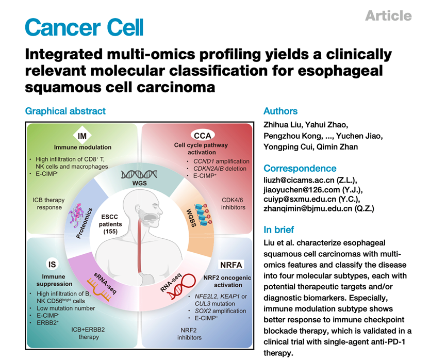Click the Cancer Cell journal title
point(84,27)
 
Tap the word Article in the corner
point(388,16)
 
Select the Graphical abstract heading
point(65,111)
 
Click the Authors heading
point(280,111)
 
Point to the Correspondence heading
point(300,168)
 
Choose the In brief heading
point(279,230)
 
